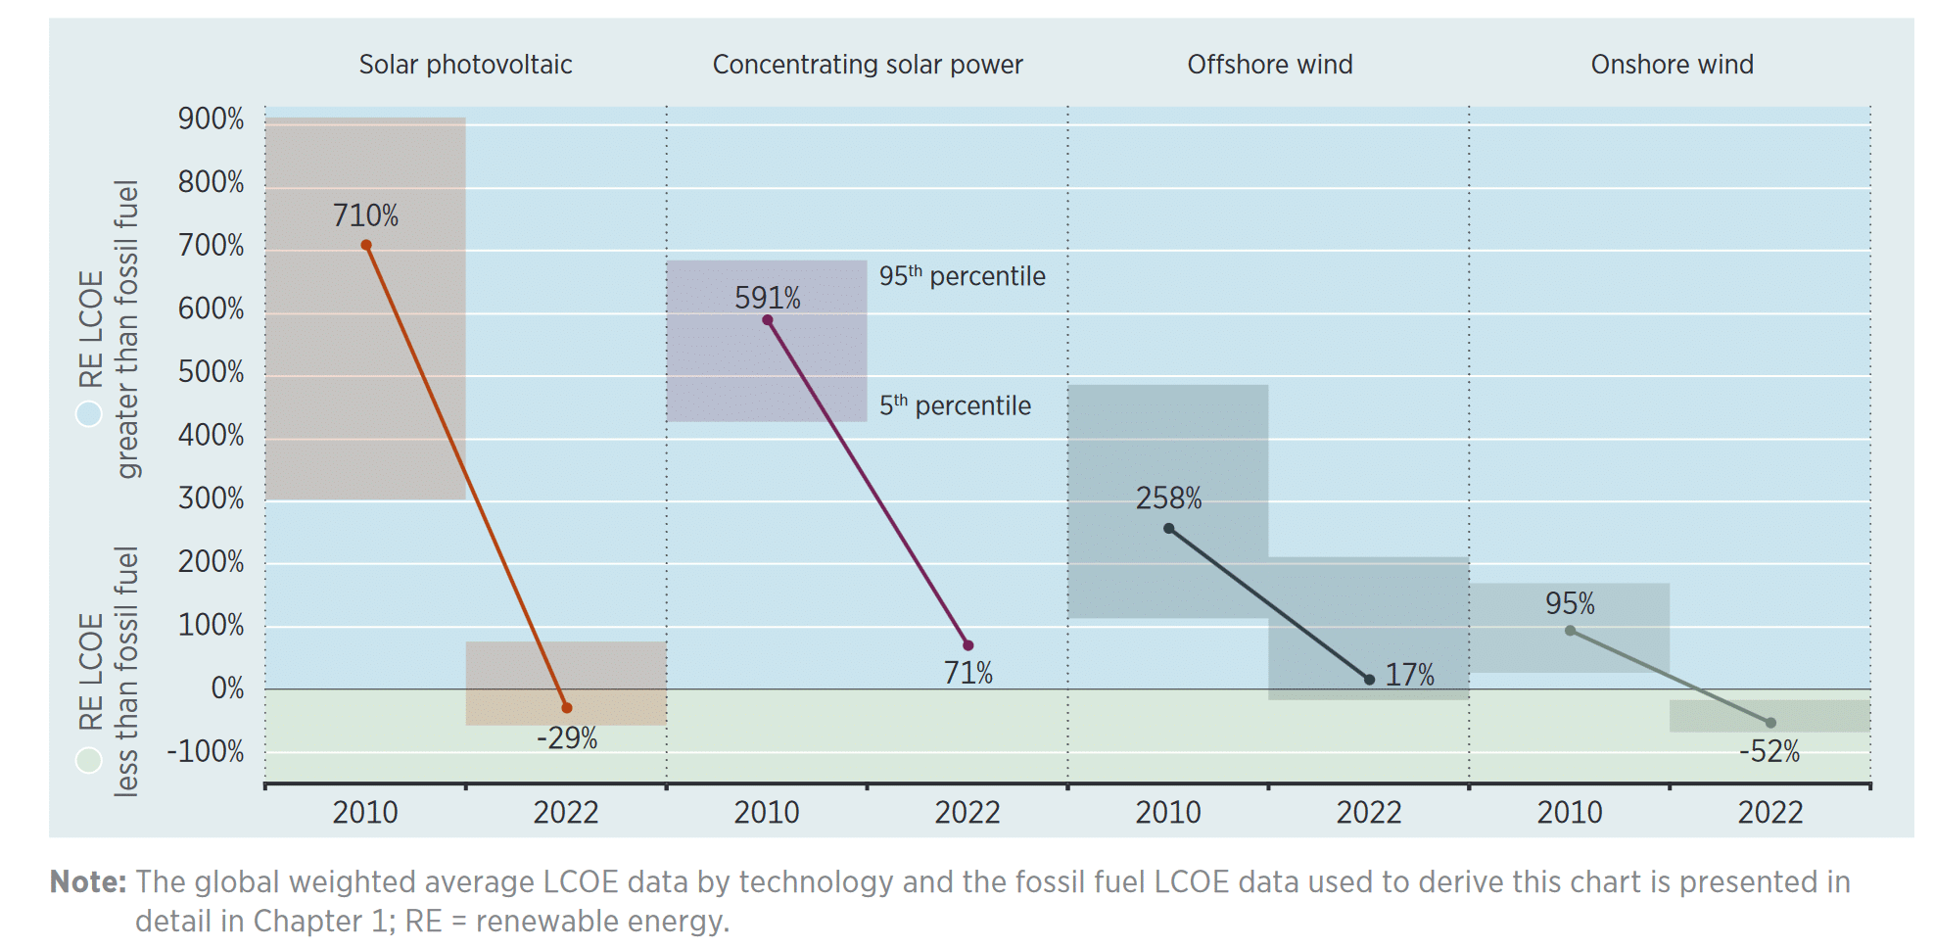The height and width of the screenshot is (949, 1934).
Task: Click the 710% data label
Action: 365,215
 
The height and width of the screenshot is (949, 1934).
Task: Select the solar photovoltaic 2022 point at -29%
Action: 566,707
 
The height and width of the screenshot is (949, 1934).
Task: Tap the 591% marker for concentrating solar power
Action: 767,320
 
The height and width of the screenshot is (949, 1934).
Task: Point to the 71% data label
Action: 967,673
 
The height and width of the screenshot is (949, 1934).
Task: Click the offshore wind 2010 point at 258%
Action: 1168,529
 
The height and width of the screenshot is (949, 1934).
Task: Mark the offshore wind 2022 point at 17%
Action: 1369,679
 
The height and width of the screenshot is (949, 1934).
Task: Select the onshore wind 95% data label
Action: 1570,603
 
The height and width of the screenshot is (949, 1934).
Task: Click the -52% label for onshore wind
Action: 1769,752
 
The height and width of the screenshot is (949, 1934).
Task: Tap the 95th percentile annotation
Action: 962,276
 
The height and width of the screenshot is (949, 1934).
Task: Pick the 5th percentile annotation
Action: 955,405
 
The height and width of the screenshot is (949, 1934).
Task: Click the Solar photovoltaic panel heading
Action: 465,65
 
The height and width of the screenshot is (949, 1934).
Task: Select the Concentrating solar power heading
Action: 868,65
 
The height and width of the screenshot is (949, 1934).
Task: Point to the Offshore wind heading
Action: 1270,65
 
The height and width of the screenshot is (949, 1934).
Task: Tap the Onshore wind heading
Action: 1672,65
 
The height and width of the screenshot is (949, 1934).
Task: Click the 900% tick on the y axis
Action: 211,119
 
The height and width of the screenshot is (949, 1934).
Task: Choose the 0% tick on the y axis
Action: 227,688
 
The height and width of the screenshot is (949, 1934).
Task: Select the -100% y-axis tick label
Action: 206,752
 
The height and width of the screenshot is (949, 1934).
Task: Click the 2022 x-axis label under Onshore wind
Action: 1769,813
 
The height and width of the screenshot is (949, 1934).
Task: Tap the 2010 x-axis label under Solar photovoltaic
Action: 365,813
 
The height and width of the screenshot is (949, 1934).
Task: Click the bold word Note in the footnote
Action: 87,882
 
